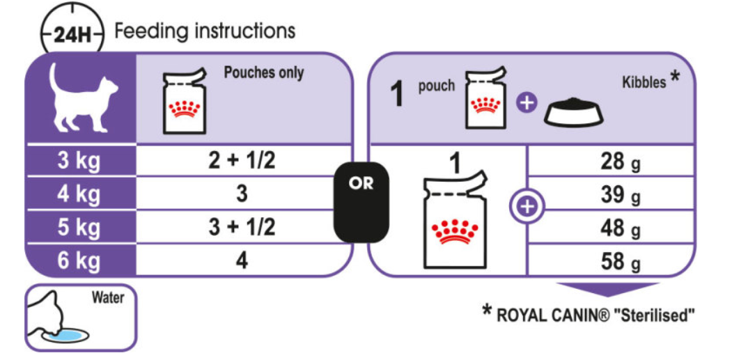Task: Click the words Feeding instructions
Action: [205, 31]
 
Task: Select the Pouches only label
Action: [264, 73]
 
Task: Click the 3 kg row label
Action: [79, 162]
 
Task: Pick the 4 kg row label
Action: [79, 195]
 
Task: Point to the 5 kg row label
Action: [79, 228]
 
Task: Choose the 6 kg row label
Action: [79, 260]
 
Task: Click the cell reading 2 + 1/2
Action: [242, 161]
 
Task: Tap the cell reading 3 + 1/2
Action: [242, 227]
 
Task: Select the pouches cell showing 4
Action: [242, 260]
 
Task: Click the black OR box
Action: [361, 202]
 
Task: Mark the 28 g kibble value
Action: [620, 162]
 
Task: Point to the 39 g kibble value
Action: [620, 196]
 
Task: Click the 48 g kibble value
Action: [620, 229]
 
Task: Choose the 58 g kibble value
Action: [620, 263]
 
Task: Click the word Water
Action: [109, 298]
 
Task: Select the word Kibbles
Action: [644, 84]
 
